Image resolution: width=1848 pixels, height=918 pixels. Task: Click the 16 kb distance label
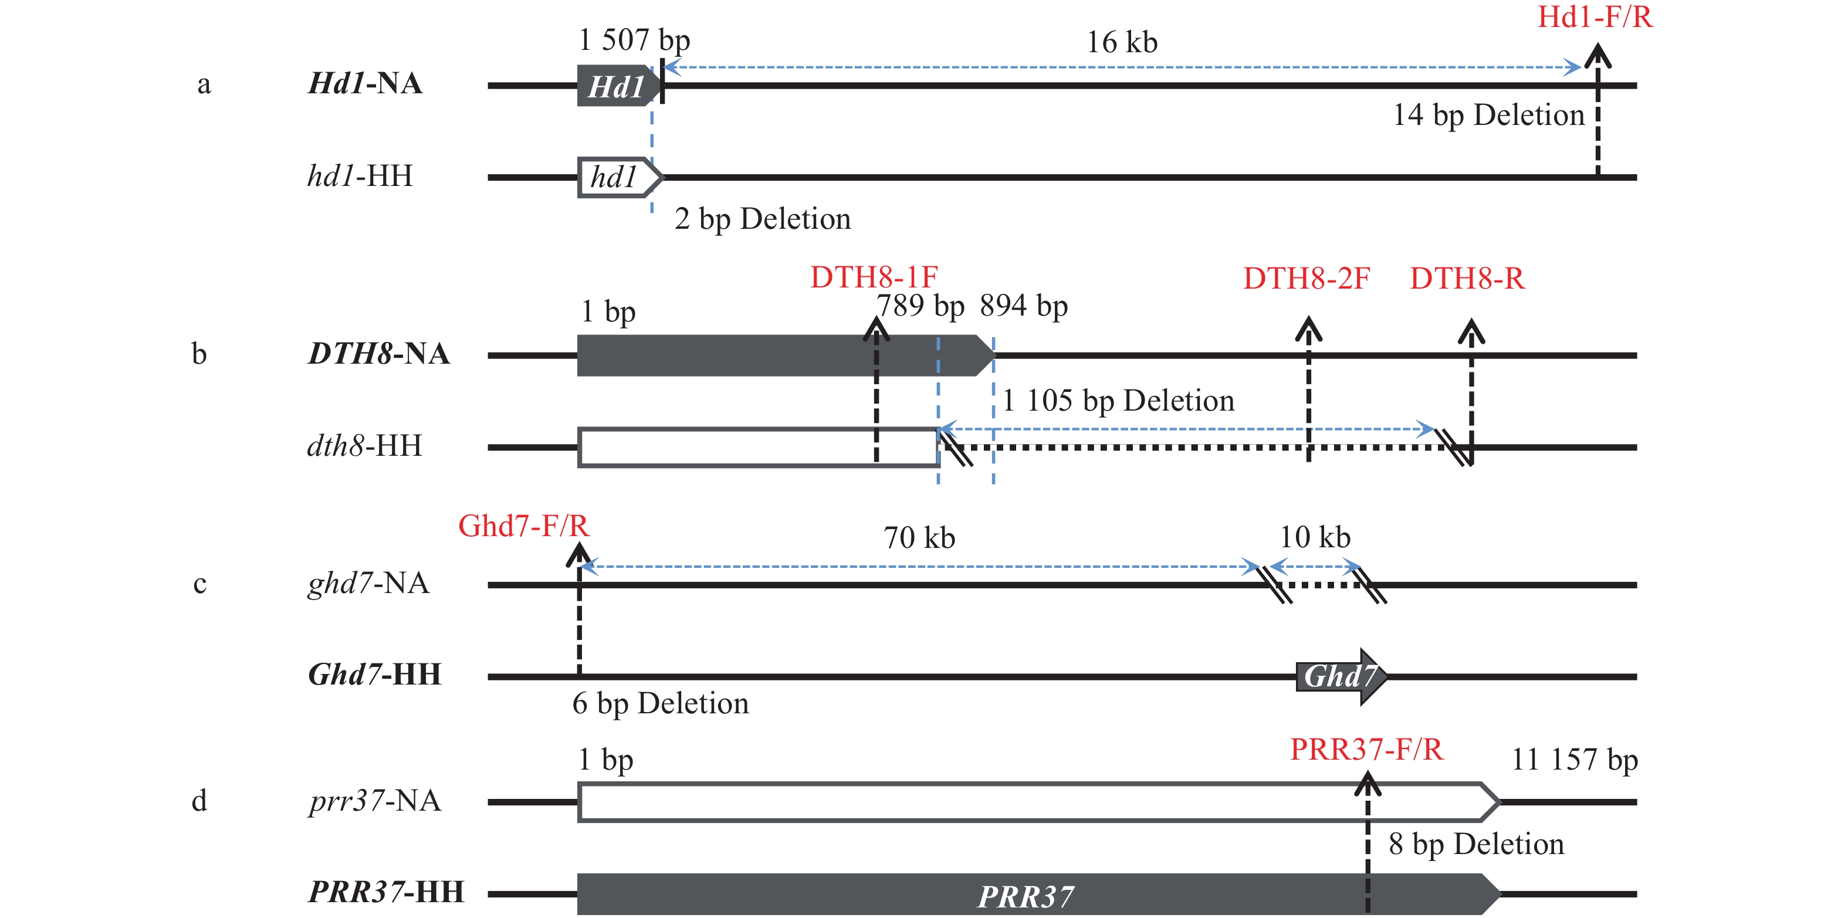pos(1121,43)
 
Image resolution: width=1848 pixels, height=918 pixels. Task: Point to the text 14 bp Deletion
pos(1488,116)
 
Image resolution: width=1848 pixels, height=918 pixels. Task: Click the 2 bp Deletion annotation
pos(762,219)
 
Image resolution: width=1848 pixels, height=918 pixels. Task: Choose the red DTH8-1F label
pos(873,277)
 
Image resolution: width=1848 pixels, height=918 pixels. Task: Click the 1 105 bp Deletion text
pos(1118,401)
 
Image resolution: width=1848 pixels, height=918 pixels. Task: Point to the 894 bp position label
pos(1023,306)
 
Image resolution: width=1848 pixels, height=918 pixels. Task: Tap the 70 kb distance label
pos(918,538)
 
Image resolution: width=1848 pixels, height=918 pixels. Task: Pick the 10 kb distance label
pos(1314,537)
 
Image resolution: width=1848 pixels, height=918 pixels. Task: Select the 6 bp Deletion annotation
pos(660,703)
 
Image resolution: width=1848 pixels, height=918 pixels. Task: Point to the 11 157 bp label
pos(1574,760)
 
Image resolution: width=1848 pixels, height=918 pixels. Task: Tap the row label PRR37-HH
pos(386,892)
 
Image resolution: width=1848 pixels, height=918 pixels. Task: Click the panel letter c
pos(200,584)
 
